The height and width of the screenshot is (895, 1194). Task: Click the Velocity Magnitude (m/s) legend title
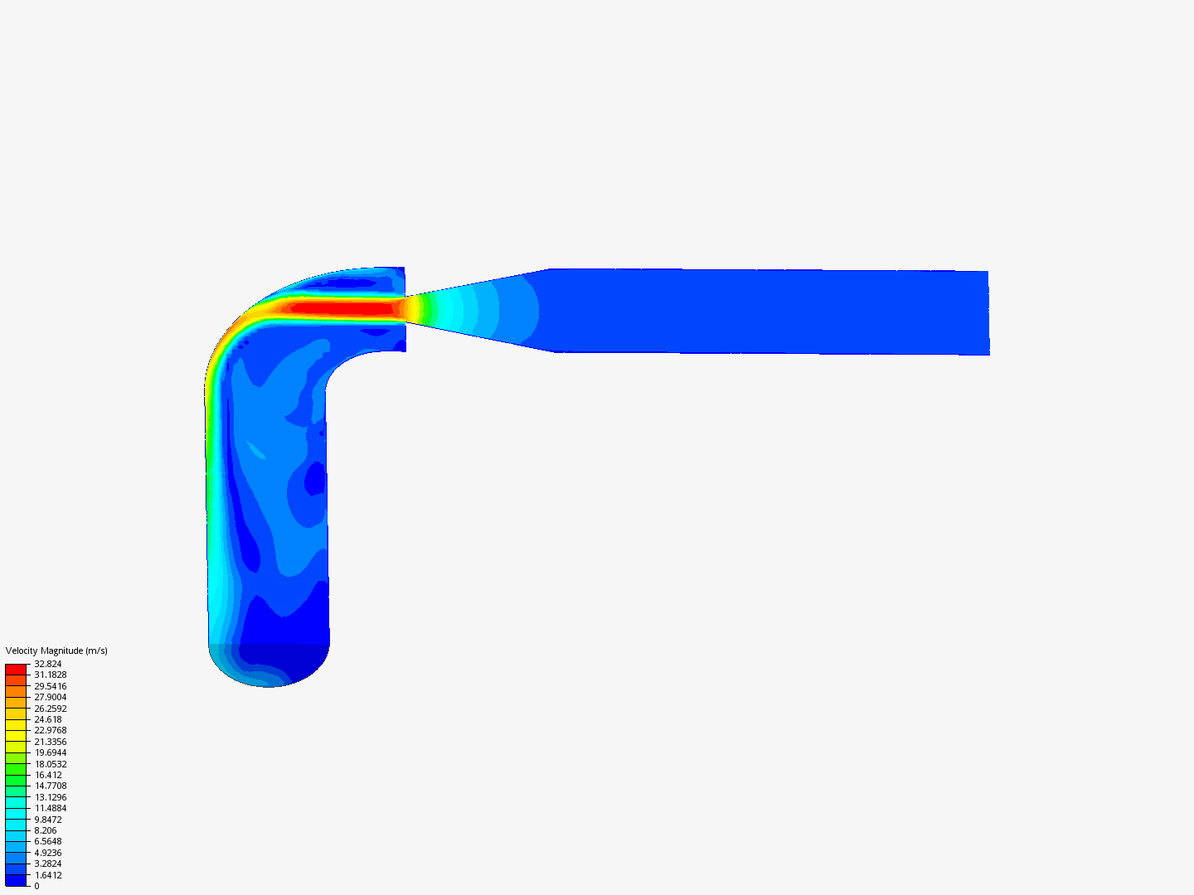point(56,651)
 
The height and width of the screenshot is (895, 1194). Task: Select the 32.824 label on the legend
point(48,664)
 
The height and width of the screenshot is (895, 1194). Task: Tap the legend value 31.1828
point(51,675)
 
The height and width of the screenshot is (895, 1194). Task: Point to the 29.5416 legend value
point(51,686)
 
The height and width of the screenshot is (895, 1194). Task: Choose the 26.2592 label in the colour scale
point(51,709)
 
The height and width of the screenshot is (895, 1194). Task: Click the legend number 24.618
point(48,719)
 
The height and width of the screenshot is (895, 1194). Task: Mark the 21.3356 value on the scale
point(51,742)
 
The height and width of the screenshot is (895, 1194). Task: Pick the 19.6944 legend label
point(51,752)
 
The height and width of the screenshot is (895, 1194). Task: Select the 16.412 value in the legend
point(48,775)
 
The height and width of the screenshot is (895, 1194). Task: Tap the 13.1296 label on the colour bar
point(51,797)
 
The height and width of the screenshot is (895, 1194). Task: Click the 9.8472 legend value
point(48,820)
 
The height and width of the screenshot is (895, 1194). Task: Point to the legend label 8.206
point(46,830)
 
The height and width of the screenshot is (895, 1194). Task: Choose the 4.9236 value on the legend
point(48,853)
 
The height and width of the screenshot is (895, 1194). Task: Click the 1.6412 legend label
point(48,875)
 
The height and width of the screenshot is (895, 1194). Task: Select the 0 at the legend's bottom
point(36,886)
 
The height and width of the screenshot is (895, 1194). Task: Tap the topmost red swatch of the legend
point(16,669)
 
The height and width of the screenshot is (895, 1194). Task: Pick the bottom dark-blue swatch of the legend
point(16,880)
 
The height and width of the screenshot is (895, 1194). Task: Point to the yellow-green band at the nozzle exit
point(425,309)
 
